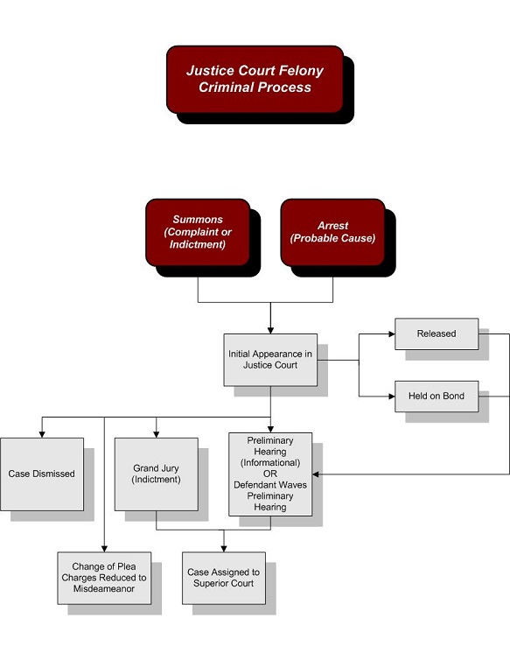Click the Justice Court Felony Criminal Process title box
[255, 79]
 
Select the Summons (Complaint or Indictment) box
[198, 232]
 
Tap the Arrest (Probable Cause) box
[332, 232]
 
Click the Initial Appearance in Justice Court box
[270, 360]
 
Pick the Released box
[437, 334]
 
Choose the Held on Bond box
[437, 396]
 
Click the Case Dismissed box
[42, 474]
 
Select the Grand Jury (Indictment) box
[156, 474]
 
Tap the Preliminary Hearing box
[270, 474]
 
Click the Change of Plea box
[104, 578]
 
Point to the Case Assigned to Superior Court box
[223, 578]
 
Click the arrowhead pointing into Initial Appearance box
[270, 330]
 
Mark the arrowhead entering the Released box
[391, 334]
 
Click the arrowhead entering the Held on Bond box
[391, 396]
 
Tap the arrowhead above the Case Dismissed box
[42, 434]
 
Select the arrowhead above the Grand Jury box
[156, 434]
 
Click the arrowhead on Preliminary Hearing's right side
[316, 474]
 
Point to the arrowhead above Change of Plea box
[104, 549]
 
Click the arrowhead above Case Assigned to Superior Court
[223, 549]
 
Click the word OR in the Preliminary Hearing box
[270, 474]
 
